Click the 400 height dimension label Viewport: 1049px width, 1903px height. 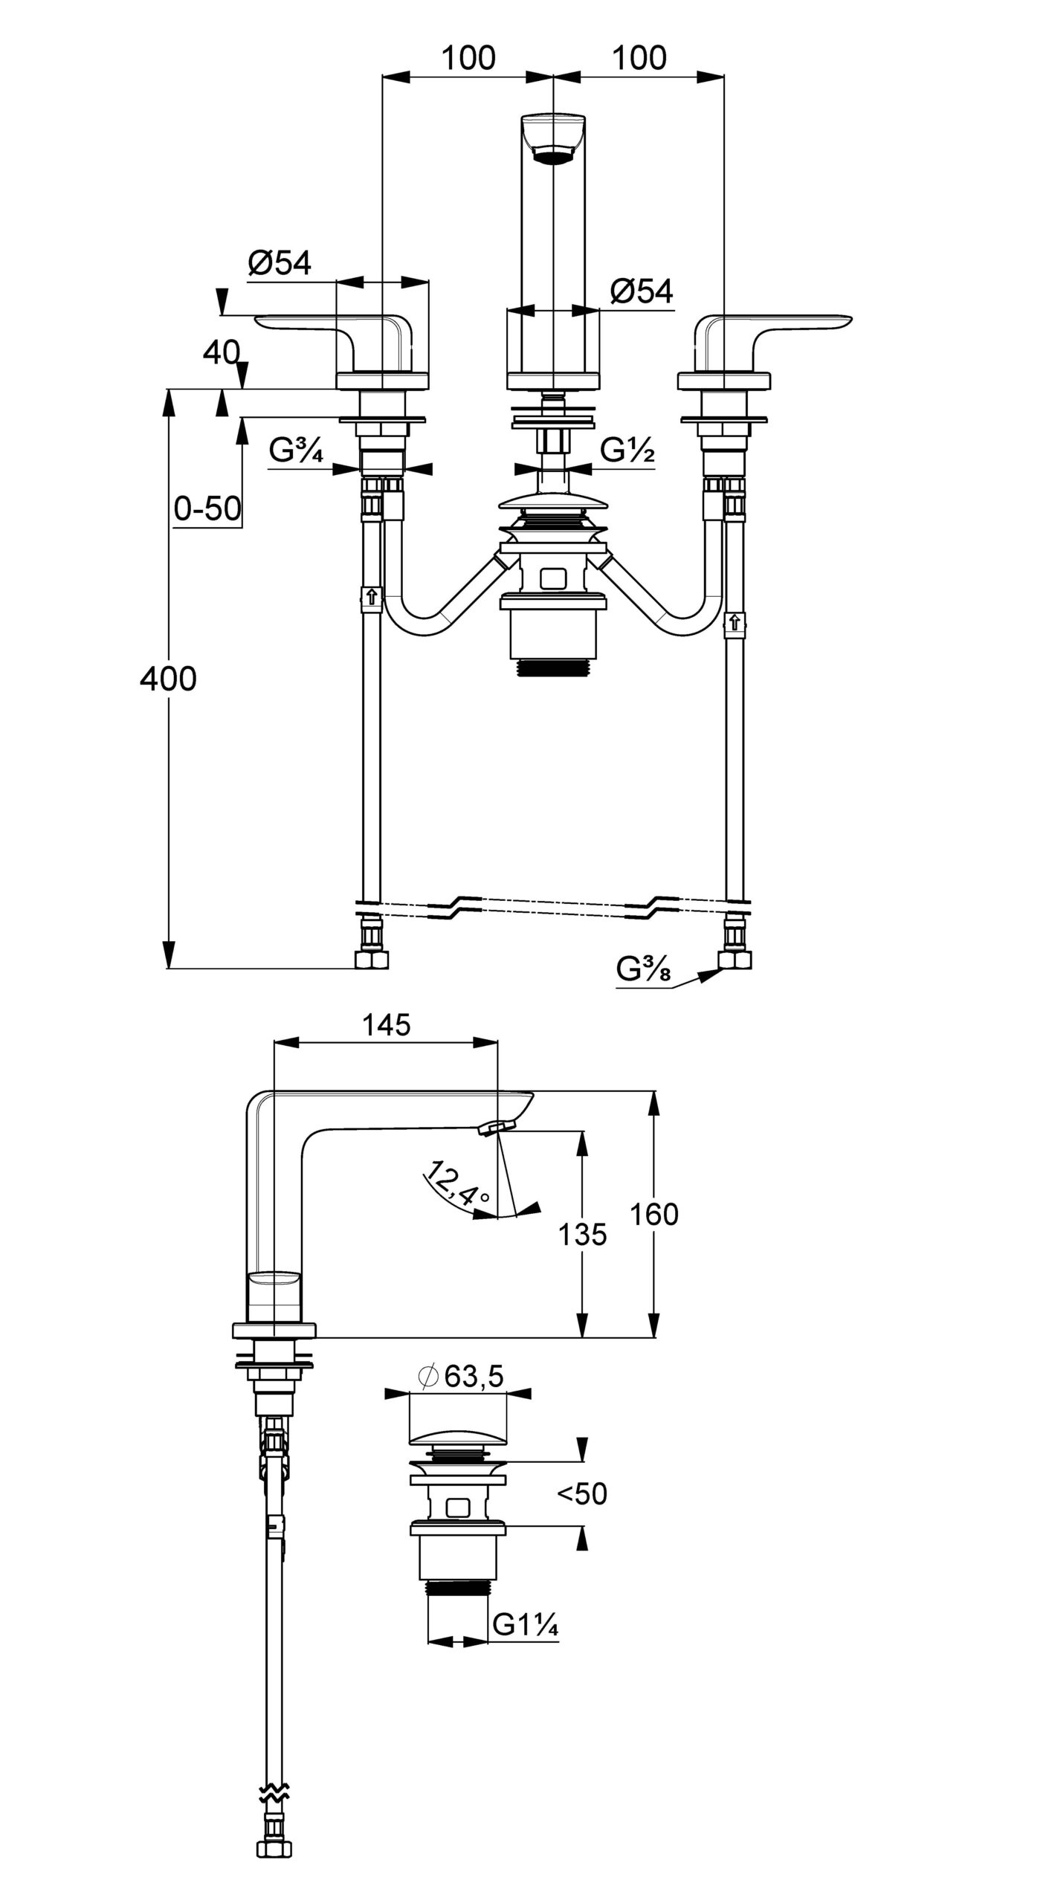coord(168,679)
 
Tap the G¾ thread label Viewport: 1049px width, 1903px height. coord(296,450)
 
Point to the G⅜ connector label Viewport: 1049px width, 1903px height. coord(644,969)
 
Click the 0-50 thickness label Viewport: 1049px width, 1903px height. coord(207,508)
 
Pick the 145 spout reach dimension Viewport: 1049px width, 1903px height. coord(387,1025)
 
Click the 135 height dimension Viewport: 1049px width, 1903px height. coord(583,1235)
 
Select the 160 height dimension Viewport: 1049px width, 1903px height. coord(654,1214)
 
